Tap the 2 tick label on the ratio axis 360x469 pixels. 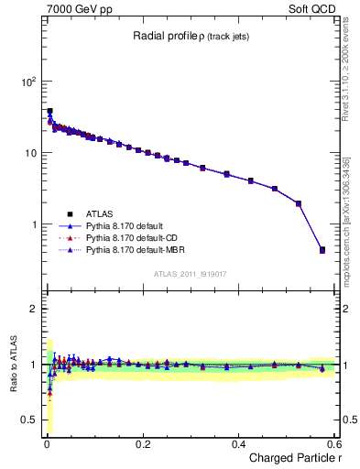33,309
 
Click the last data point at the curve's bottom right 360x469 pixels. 322,249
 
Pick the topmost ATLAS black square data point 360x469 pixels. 49,111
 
